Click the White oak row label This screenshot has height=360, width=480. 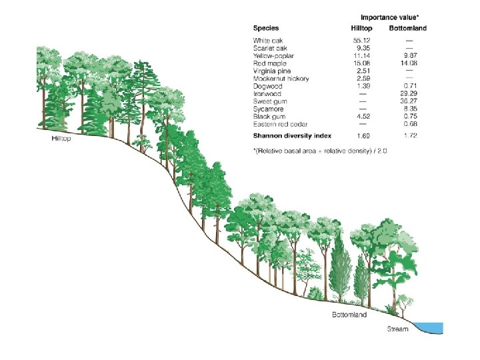267,41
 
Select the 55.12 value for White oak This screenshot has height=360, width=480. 362,41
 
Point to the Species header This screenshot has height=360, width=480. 266,29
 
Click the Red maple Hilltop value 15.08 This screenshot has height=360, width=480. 362,63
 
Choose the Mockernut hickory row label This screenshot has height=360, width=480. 281,79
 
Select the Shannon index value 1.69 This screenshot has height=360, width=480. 362,135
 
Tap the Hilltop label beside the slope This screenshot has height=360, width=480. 61,139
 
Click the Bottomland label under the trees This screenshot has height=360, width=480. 349,315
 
